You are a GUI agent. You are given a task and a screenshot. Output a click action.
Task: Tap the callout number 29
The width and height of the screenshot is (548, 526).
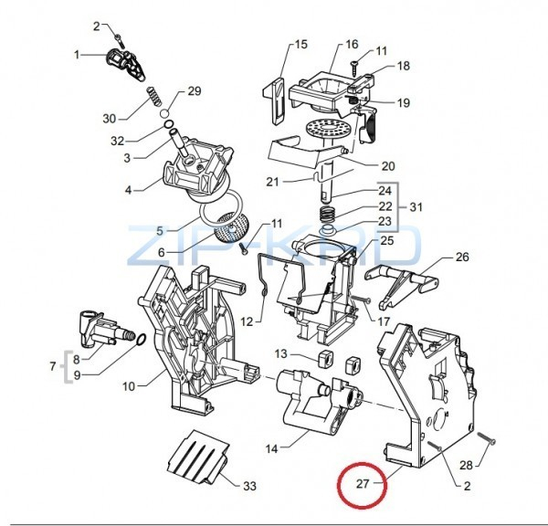[194, 90]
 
